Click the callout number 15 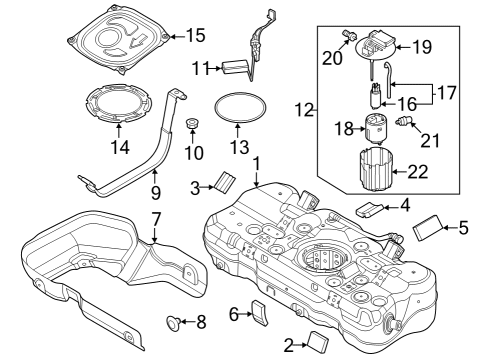click(195, 35)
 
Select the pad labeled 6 click(259, 313)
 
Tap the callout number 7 click(156, 218)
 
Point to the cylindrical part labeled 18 click(377, 128)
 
